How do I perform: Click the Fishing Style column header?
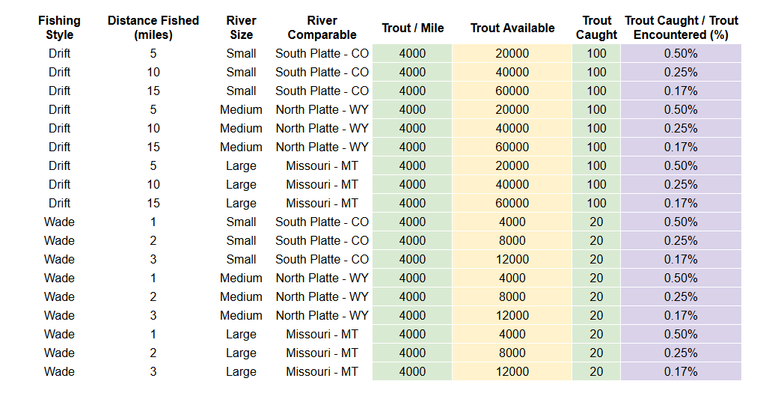(59, 28)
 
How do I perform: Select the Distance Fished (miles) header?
(153, 28)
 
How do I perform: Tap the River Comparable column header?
(322, 28)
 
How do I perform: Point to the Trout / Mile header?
(412, 28)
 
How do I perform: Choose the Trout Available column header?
(512, 28)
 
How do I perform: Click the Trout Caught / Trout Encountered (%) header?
(681, 28)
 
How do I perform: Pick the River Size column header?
(241, 28)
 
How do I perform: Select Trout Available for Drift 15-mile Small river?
(512, 91)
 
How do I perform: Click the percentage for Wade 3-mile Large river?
(681, 372)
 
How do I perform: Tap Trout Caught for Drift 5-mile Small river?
(596, 54)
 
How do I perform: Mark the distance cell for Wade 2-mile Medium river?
(153, 297)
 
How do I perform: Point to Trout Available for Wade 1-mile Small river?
(512, 222)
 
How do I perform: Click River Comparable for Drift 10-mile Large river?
(322, 185)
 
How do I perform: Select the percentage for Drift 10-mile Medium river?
(681, 129)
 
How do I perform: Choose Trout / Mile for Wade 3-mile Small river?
(412, 260)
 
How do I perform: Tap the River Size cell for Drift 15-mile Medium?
(241, 147)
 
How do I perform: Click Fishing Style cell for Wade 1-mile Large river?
(59, 335)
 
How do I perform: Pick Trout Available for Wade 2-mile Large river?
(512, 353)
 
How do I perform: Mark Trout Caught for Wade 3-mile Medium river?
(596, 316)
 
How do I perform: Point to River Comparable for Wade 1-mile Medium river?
(322, 278)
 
